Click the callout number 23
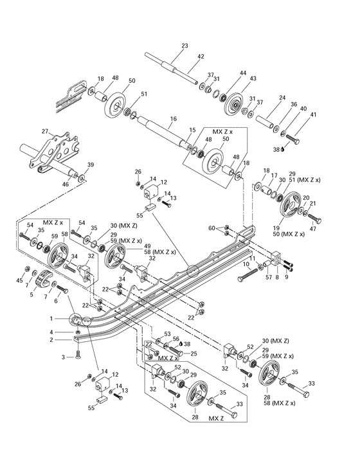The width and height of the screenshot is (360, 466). pos(184,46)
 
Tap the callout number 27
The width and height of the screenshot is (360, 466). pos(45,132)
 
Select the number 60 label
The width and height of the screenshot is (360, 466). pos(212,228)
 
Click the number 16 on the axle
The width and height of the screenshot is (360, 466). pos(172,119)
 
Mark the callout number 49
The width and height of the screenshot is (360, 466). pos(147,246)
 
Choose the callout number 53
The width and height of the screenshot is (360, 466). pos(166,334)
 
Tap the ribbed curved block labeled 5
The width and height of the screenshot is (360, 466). pos(41,282)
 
